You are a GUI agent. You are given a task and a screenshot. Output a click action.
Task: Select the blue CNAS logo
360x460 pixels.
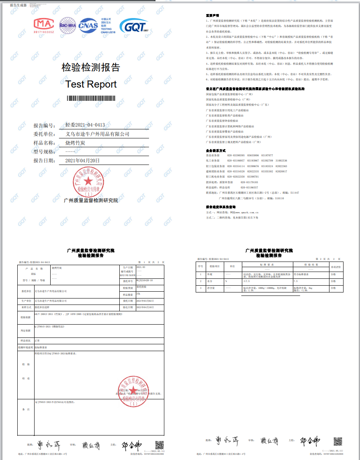tap(88, 25)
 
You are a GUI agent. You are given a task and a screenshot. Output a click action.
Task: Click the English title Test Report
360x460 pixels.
tap(91, 84)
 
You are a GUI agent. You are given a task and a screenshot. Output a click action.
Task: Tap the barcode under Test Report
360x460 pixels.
tap(91, 98)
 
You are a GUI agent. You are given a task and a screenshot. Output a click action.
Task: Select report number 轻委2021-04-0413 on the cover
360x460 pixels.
tap(85, 125)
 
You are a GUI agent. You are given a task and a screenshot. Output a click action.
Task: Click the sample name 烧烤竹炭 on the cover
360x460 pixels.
tap(75, 143)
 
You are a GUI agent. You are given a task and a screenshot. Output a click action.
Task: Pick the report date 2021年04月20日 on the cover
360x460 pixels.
tap(82, 160)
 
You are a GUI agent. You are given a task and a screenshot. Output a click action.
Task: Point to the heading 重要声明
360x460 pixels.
tap(212, 15)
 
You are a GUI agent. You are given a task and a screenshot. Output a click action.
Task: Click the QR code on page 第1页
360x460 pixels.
tap(160, 445)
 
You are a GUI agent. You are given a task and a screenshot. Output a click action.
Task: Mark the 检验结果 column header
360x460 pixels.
tap(311, 265)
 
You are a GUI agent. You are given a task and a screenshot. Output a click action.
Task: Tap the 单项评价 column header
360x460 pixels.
tap(335, 266)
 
